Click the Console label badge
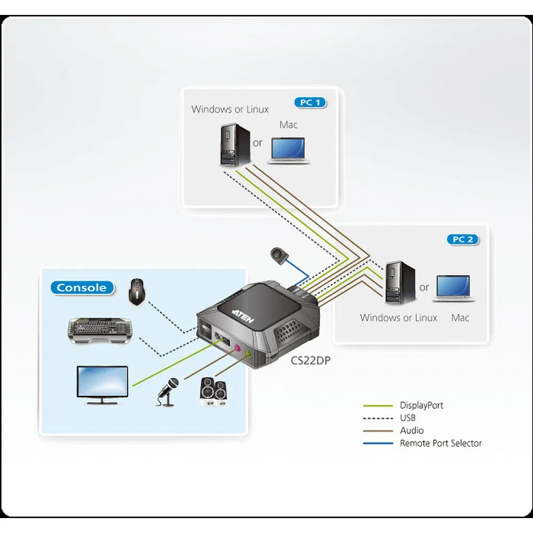tap(82, 288)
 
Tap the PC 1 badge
tap(309, 102)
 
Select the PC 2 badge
tap(463, 239)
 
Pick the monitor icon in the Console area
tap(102, 382)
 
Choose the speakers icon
tap(215, 392)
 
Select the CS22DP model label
tap(311, 361)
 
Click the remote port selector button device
tap(279, 254)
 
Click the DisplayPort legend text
tap(421, 406)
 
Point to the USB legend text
tap(408, 418)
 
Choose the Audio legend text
tap(411, 430)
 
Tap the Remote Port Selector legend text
tap(440, 443)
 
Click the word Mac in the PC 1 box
tap(288, 125)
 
